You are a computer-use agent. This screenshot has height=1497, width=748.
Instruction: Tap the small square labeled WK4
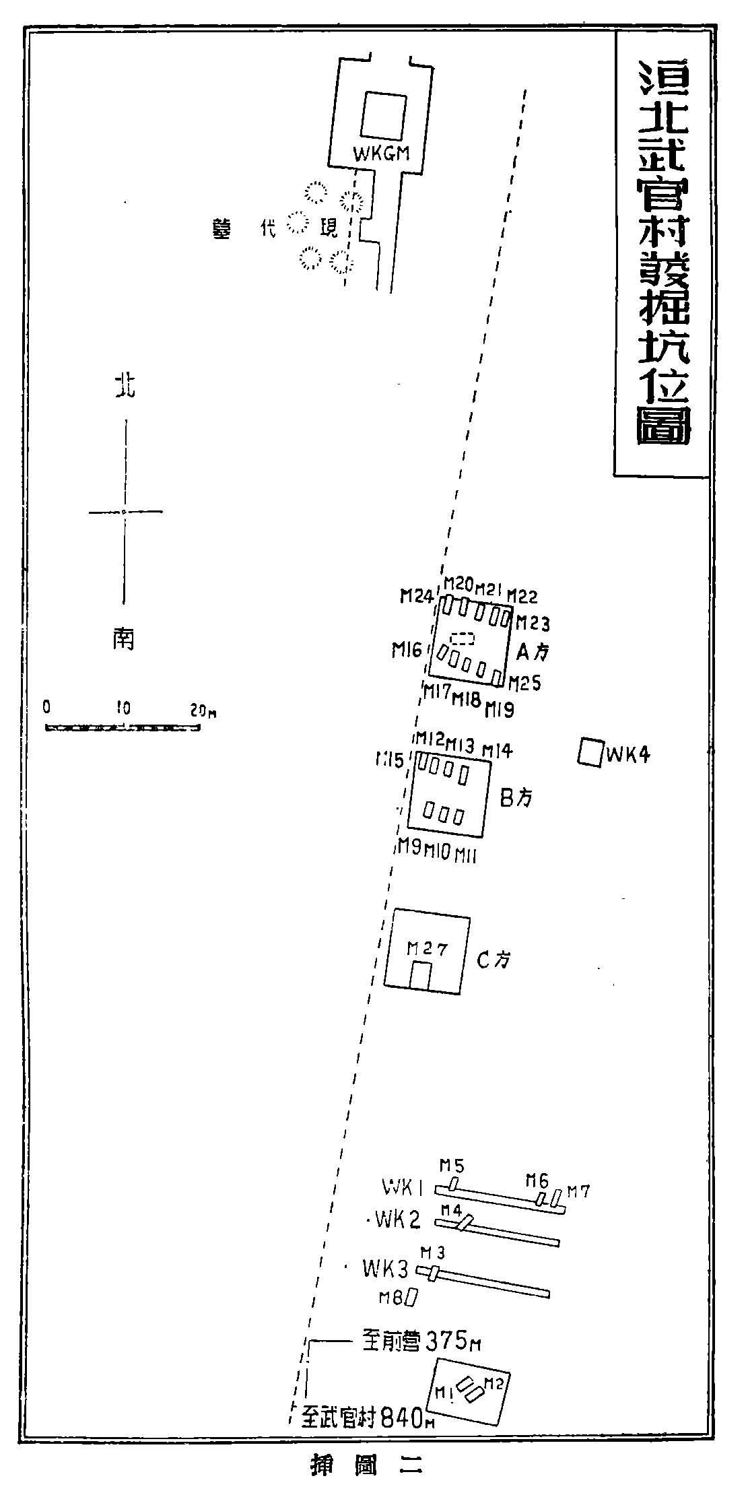589,752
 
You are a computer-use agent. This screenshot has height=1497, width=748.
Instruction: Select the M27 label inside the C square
427,949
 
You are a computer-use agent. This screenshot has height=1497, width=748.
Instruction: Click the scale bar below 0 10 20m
123,727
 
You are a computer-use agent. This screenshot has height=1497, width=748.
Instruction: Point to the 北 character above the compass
125,387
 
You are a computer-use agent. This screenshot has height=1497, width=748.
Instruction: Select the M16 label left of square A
407,651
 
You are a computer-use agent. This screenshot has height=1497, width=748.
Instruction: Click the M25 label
524,684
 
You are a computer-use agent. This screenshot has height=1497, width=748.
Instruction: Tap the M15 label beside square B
390,761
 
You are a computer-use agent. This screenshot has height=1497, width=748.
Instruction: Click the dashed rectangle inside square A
463,638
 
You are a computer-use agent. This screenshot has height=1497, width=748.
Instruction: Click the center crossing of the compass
125,511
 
